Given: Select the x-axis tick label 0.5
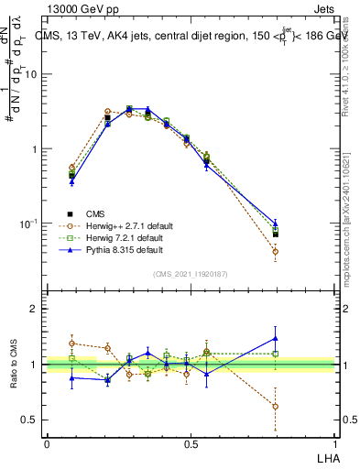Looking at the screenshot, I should click(x=191, y=443).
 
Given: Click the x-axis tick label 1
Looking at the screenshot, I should click(x=335, y=443).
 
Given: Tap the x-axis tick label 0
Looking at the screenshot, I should click(x=47, y=443).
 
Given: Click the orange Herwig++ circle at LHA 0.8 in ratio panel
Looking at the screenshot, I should click(x=275, y=406).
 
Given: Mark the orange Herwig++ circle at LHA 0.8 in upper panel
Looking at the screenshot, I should click(x=275, y=251).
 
